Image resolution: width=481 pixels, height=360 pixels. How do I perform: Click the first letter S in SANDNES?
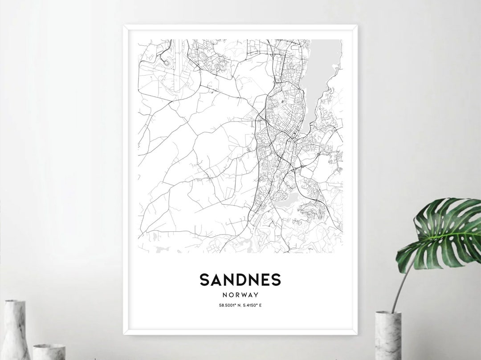tap(205, 280)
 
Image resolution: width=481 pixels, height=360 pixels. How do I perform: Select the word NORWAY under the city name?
tap(240, 295)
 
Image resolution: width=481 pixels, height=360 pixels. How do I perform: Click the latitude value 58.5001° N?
tap(227, 305)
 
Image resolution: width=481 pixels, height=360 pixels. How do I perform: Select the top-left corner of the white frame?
tap(124, 26)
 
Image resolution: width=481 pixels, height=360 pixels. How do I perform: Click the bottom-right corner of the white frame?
tap(357, 333)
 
